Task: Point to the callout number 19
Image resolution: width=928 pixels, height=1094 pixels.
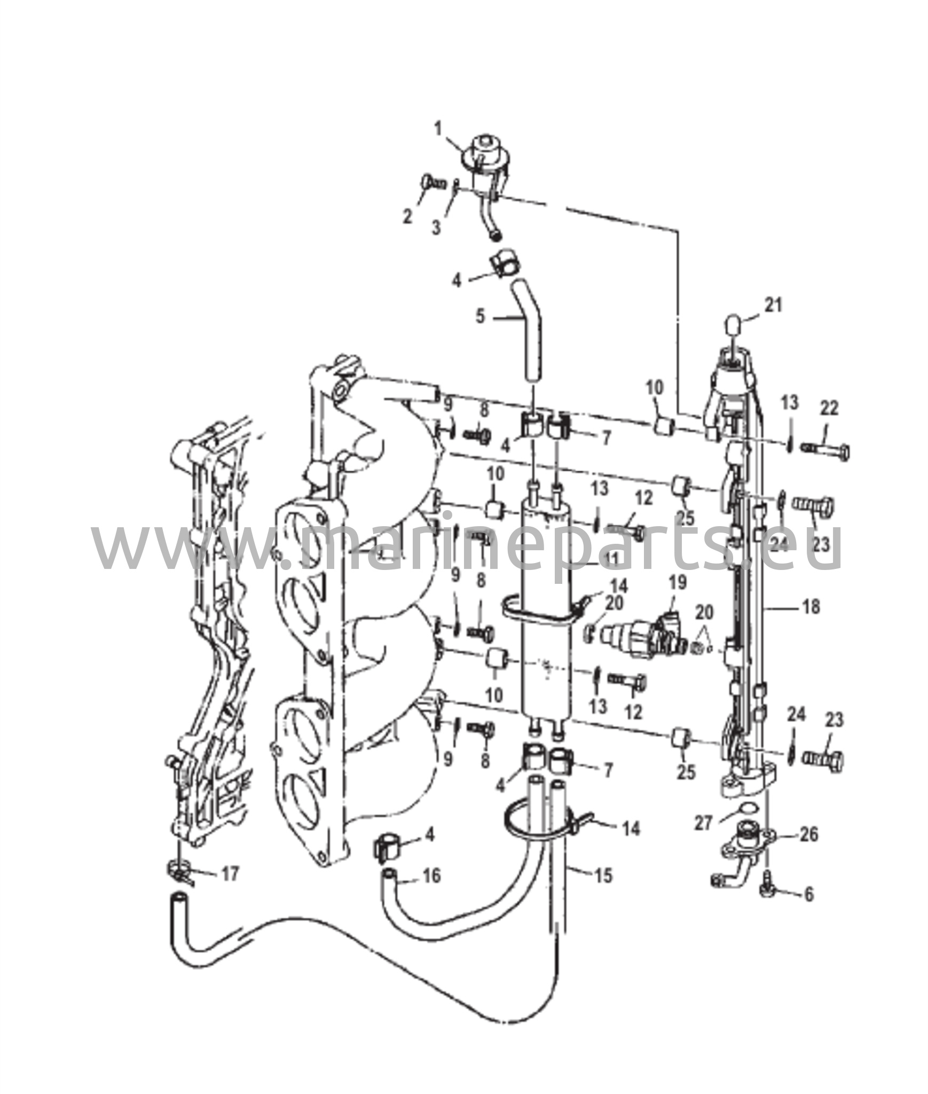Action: pos(678,582)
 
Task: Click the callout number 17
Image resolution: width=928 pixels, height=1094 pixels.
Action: pos(231,874)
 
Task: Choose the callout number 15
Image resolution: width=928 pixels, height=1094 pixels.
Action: pos(603,876)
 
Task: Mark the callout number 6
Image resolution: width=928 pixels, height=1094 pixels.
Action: pos(809,895)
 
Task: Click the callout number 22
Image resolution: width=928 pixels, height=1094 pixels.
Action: pos(829,408)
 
